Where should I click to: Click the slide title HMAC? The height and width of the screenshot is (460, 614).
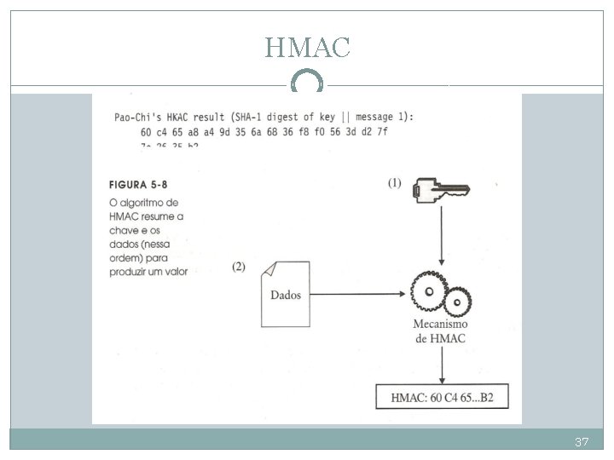[307, 48]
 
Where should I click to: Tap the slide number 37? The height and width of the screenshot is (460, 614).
[582, 442]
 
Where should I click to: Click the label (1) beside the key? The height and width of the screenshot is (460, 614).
[394, 182]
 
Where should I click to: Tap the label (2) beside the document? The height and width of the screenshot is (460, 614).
[239, 266]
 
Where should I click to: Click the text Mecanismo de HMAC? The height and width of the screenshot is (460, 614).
[440, 331]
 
